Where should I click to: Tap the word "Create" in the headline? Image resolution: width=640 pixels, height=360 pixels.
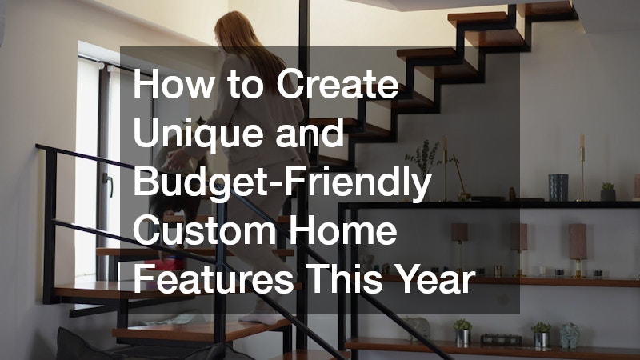pyautogui.click(x=337, y=84)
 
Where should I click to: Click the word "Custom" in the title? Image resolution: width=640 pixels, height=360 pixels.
pyautogui.click(x=205, y=231)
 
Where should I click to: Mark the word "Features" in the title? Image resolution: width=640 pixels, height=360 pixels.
pyautogui.click(x=213, y=280)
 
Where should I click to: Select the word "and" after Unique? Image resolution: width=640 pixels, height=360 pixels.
pyautogui.click(x=310, y=133)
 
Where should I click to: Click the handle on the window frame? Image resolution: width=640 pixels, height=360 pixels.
pyautogui.click(x=108, y=183)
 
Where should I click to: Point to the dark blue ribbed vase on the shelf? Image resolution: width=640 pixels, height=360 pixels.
pyautogui.click(x=558, y=187)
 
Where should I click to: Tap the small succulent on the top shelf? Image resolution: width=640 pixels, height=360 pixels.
pyautogui.click(x=608, y=191)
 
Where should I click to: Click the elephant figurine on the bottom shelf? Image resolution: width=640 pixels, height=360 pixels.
pyautogui.click(x=570, y=335)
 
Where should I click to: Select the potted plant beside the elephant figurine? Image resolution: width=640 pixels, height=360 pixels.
pyautogui.click(x=541, y=335)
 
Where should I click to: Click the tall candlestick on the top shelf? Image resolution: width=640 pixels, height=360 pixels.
pyautogui.click(x=582, y=167)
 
